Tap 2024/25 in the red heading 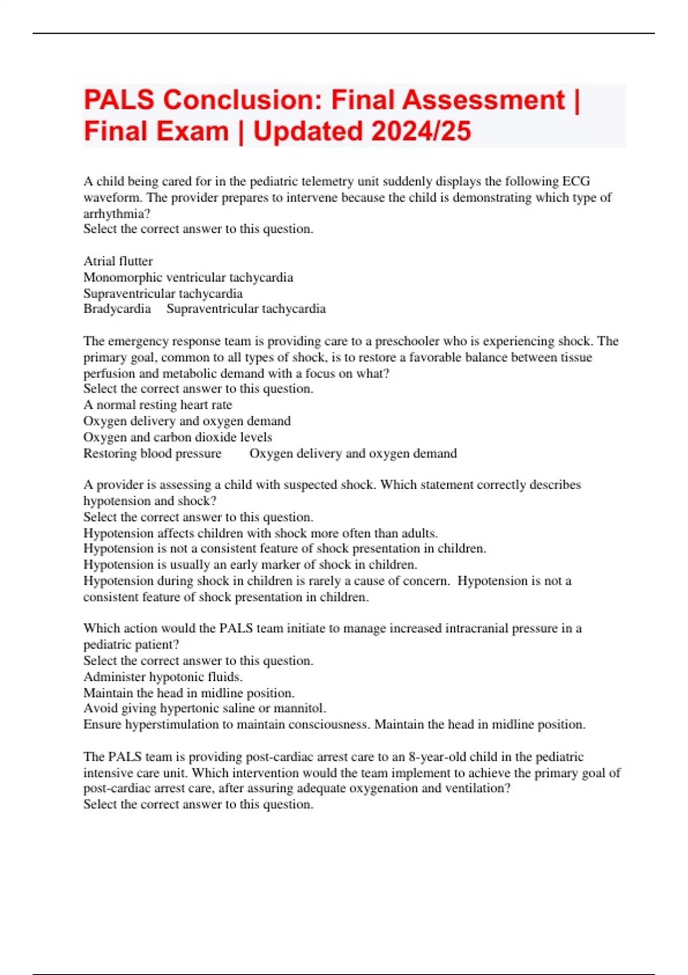tap(421, 131)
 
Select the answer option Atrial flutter tap(118, 262)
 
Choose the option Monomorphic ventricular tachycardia tap(188, 278)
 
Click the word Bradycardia tap(117, 309)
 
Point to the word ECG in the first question tap(576, 182)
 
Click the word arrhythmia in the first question tap(116, 214)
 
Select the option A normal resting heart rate tap(158, 405)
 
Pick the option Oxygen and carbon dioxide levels tap(178, 437)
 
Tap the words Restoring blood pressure tap(153, 454)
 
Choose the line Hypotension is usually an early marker tap(250, 564)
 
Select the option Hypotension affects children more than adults tap(260, 533)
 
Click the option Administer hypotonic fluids tap(163, 677)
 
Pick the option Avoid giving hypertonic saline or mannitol tap(205, 708)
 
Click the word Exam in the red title tap(194, 131)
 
